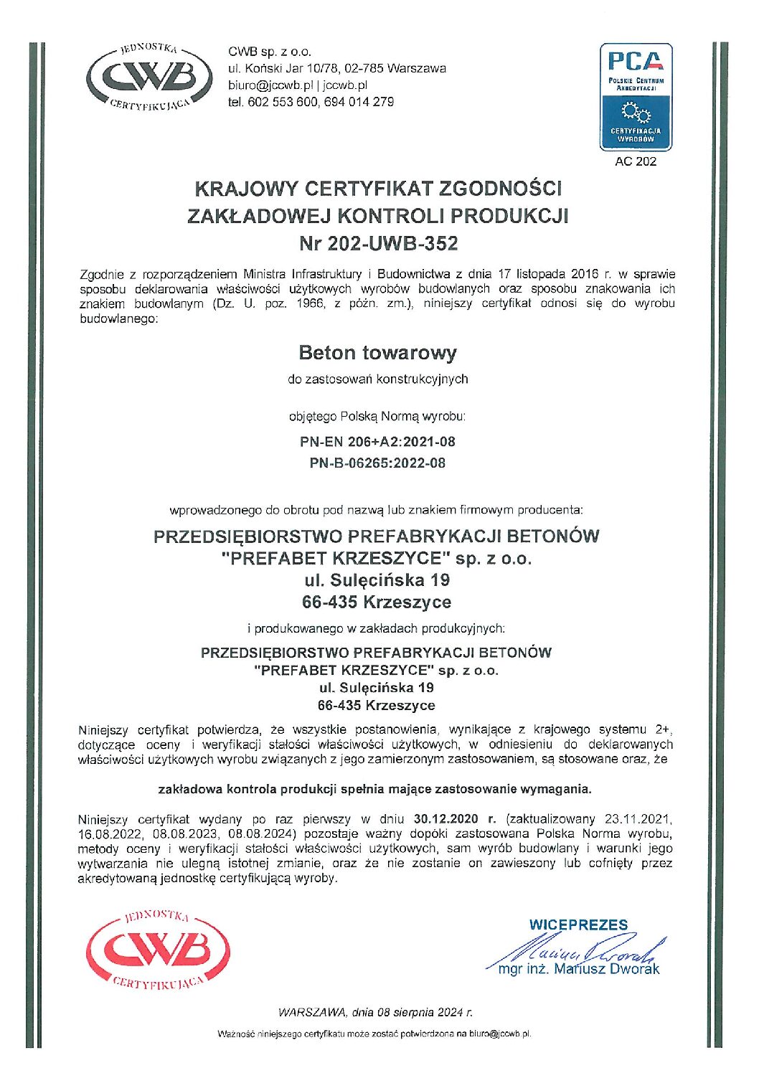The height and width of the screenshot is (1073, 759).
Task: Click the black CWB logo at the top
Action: click(x=149, y=77)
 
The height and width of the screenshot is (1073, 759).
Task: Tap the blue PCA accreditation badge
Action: click(x=636, y=97)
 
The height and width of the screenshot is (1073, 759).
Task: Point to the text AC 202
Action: click(x=636, y=161)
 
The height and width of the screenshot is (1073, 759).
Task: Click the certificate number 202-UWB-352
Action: click(x=392, y=244)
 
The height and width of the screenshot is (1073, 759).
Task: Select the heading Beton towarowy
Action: click(x=377, y=353)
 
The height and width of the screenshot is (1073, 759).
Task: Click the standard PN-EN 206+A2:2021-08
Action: click(x=377, y=442)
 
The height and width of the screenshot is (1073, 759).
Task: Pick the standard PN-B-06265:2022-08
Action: click(x=377, y=463)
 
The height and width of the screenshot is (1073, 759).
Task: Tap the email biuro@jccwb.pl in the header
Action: click(x=270, y=85)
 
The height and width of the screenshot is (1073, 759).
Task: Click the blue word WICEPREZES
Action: click(x=578, y=925)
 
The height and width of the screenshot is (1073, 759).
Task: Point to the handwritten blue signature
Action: click(x=581, y=953)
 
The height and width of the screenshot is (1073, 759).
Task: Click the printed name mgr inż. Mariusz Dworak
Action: click(x=578, y=970)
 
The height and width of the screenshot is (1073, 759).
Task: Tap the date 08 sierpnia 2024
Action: click(x=419, y=1013)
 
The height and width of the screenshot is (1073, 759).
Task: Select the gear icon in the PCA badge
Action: click(x=635, y=112)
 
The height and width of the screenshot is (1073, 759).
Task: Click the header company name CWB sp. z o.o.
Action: click(x=270, y=52)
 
